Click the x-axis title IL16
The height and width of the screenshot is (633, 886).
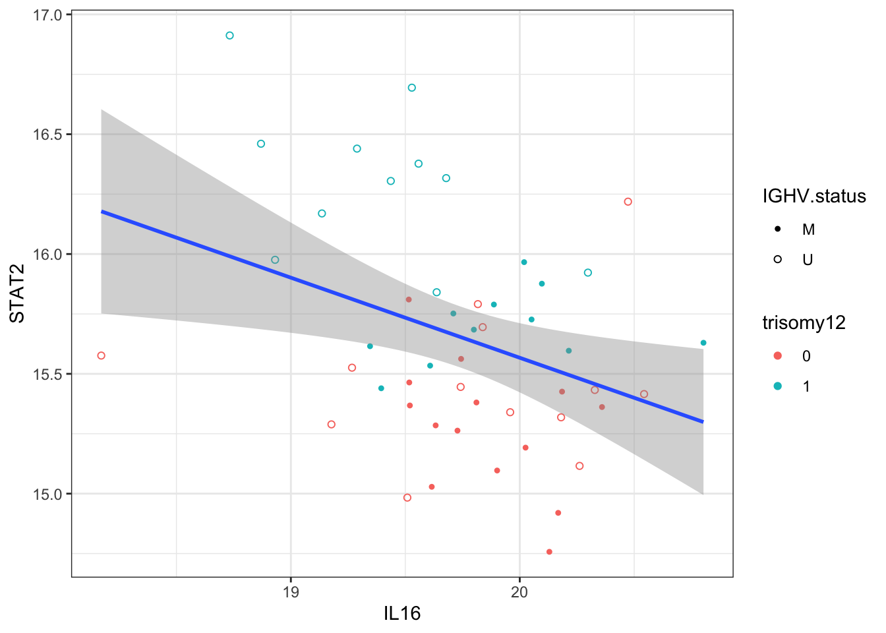point(401,614)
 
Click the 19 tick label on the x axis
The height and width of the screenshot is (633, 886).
point(291,591)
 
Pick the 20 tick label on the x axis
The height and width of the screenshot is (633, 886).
point(519,591)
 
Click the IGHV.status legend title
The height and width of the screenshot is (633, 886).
point(813,196)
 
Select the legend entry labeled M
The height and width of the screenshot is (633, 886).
point(808,229)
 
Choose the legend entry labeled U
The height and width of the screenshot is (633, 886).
point(808,260)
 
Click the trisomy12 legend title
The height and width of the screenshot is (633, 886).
point(804,323)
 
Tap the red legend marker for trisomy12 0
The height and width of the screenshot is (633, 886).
point(778,356)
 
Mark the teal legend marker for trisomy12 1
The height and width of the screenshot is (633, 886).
point(778,386)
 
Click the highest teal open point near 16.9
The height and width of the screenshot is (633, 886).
point(229,36)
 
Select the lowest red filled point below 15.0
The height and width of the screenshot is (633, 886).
point(549,552)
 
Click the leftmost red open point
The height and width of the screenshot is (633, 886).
point(101,355)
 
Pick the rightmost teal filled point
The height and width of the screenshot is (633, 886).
point(703,343)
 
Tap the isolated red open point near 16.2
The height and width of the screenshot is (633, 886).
point(628,202)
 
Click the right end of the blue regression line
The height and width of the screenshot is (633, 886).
point(703,421)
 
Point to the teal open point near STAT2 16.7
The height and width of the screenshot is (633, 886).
point(411,88)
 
